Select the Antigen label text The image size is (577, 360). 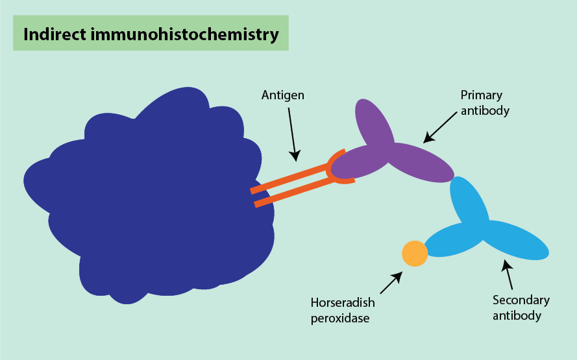282,95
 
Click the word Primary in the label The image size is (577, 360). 481,95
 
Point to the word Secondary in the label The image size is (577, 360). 521,300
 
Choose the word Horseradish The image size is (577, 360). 342,303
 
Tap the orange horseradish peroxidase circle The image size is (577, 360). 415,253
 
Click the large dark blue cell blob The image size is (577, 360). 149,201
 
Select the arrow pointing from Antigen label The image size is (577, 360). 291,134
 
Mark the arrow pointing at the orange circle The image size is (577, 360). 391,282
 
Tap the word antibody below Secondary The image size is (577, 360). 517,316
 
